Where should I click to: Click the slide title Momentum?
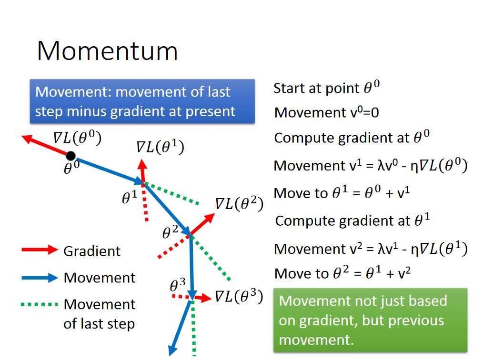pyautogui.click(x=108, y=51)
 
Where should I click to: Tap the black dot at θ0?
pyautogui.click(x=71, y=156)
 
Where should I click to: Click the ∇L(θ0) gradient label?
pyautogui.click(x=77, y=138)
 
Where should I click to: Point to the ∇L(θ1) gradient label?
pyautogui.click(x=160, y=147)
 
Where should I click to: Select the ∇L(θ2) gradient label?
pyautogui.click(x=239, y=203)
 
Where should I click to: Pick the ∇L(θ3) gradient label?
pyautogui.click(x=239, y=296)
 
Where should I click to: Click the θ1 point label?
pyautogui.click(x=130, y=197)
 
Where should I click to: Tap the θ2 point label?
pyautogui.click(x=170, y=232)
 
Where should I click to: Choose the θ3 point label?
pyautogui.click(x=178, y=285)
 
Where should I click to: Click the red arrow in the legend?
pyautogui.click(x=40, y=250)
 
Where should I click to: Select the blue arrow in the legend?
pyautogui.click(x=40, y=278)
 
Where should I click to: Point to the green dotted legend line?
pyautogui.click(x=40, y=305)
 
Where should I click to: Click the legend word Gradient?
pyautogui.click(x=92, y=251)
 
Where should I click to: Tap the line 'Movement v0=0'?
pyautogui.click(x=326, y=112)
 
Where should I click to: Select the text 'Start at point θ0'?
pyautogui.click(x=326, y=88)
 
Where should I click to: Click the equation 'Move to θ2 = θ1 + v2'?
pyautogui.click(x=342, y=273)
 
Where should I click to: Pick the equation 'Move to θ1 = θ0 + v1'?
pyautogui.click(x=342, y=193)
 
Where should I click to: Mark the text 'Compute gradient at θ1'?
pyautogui.click(x=352, y=220)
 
